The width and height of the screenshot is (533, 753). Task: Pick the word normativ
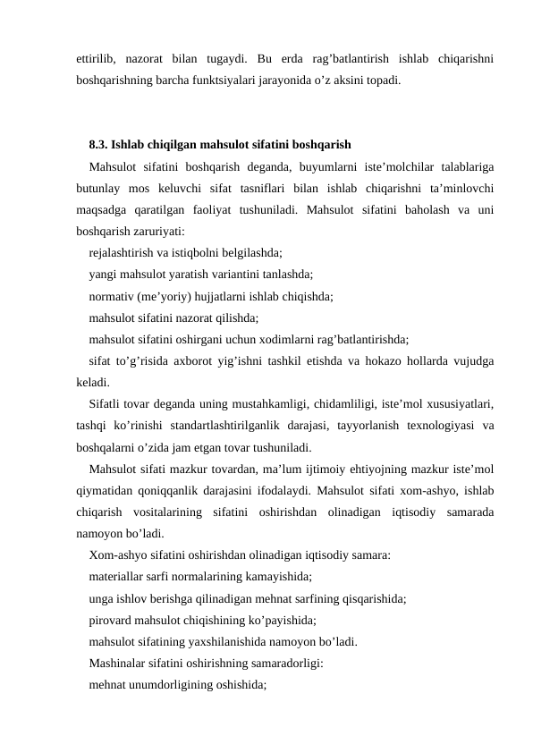[x=113, y=295]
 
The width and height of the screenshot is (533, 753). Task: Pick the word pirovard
[x=112, y=620]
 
